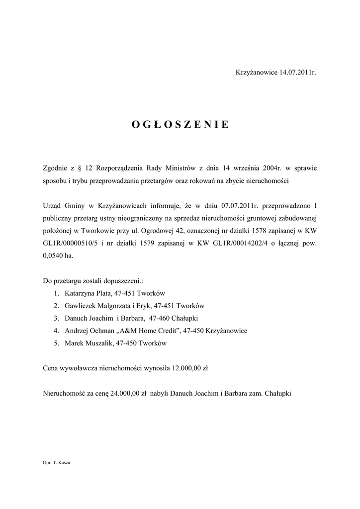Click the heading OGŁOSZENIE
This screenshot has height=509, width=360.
[180, 125]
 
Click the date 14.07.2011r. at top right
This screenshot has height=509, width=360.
[297, 73]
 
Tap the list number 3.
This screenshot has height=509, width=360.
[57, 318]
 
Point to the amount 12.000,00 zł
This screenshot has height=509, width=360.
[189, 368]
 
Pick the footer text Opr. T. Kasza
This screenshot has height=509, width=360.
[57, 463]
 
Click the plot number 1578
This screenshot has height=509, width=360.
[242, 231]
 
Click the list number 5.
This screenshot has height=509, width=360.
[57, 343]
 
